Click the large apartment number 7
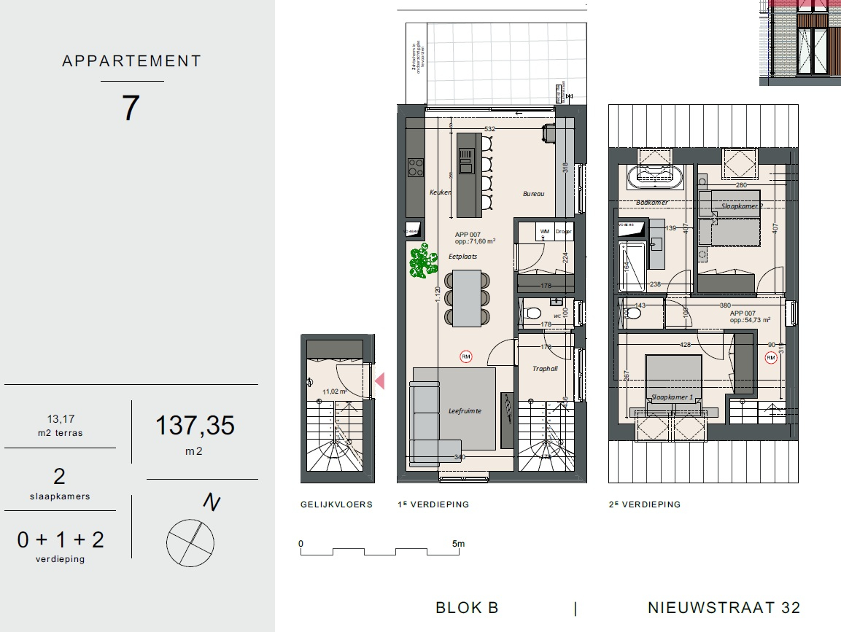click(131, 109)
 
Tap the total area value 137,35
click(195, 425)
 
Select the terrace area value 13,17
click(61, 419)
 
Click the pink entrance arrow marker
click(379, 381)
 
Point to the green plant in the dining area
click(419, 262)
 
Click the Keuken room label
click(440, 192)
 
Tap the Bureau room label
click(533, 194)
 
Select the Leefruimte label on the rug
click(465, 411)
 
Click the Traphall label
click(545, 369)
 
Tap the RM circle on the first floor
click(465, 356)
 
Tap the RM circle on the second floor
click(771, 357)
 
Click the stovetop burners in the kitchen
click(416, 168)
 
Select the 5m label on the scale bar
click(457, 544)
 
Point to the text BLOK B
click(467, 608)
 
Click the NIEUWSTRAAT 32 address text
click(724, 608)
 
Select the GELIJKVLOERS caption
click(336, 504)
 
